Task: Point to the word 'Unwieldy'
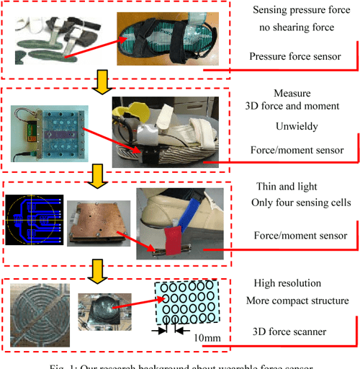pos(297,125)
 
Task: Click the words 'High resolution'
pos(288,283)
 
